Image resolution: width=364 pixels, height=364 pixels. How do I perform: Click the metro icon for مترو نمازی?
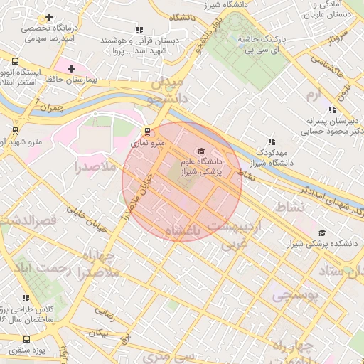click(x=147, y=132)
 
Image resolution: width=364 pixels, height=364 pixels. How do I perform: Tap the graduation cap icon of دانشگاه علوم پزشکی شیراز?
click(x=200, y=151)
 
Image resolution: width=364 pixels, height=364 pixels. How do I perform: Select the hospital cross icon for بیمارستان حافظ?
click(x=71, y=69)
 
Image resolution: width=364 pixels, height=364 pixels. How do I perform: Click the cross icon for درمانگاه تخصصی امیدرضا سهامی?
click(x=49, y=17)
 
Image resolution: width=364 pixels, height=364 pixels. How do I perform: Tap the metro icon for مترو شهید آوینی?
click(x=16, y=131)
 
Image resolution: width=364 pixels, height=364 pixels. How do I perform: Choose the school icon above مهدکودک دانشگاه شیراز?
click(x=270, y=141)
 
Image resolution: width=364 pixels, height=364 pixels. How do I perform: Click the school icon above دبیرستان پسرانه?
click(x=331, y=109)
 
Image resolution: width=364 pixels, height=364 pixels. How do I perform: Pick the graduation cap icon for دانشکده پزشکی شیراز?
click(x=322, y=232)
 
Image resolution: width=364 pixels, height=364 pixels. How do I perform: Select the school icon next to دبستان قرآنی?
click(x=139, y=31)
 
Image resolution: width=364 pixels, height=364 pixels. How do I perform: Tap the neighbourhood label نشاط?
click(x=288, y=207)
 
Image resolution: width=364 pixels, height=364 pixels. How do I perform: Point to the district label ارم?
click(x=313, y=95)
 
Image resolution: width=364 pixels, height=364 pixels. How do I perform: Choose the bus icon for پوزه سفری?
click(x=15, y=351)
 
